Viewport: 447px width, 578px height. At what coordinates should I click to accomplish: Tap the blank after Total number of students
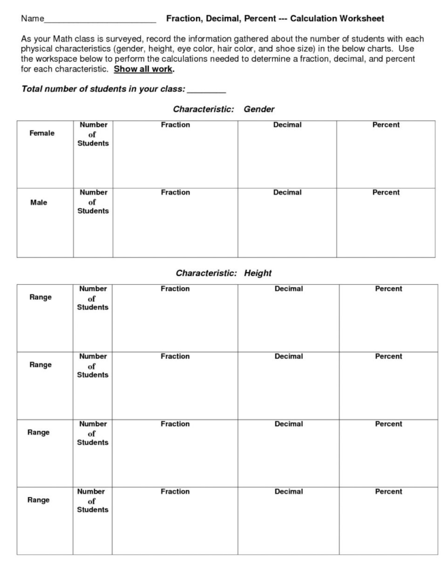[x=206, y=90]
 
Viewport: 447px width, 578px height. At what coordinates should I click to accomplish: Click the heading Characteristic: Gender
[x=223, y=110]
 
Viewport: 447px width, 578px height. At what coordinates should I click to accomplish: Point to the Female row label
[x=42, y=133]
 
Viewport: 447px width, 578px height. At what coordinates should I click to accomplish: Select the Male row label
[x=39, y=203]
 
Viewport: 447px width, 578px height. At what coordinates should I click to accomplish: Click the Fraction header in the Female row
[x=175, y=125]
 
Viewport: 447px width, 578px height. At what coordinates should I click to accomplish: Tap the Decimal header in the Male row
[x=287, y=192]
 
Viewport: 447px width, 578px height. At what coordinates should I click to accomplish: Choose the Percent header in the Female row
[x=386, y=125]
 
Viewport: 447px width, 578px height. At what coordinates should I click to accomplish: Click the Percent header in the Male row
[x=386, y=192]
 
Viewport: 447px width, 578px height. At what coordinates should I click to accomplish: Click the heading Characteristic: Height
[x=223, y=274]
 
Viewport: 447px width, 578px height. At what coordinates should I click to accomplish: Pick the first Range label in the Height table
[x=41, y=297]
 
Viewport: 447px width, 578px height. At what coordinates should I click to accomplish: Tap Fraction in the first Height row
[x=175, y=289]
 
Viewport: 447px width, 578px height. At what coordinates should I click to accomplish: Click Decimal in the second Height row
[x=288, y=356]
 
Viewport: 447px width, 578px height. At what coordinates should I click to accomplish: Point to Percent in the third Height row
[x=388, y=424]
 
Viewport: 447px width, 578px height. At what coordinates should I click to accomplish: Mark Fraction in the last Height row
[x=175, y=492]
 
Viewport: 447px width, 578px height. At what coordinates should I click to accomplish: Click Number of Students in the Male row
[x=93, y=201]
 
